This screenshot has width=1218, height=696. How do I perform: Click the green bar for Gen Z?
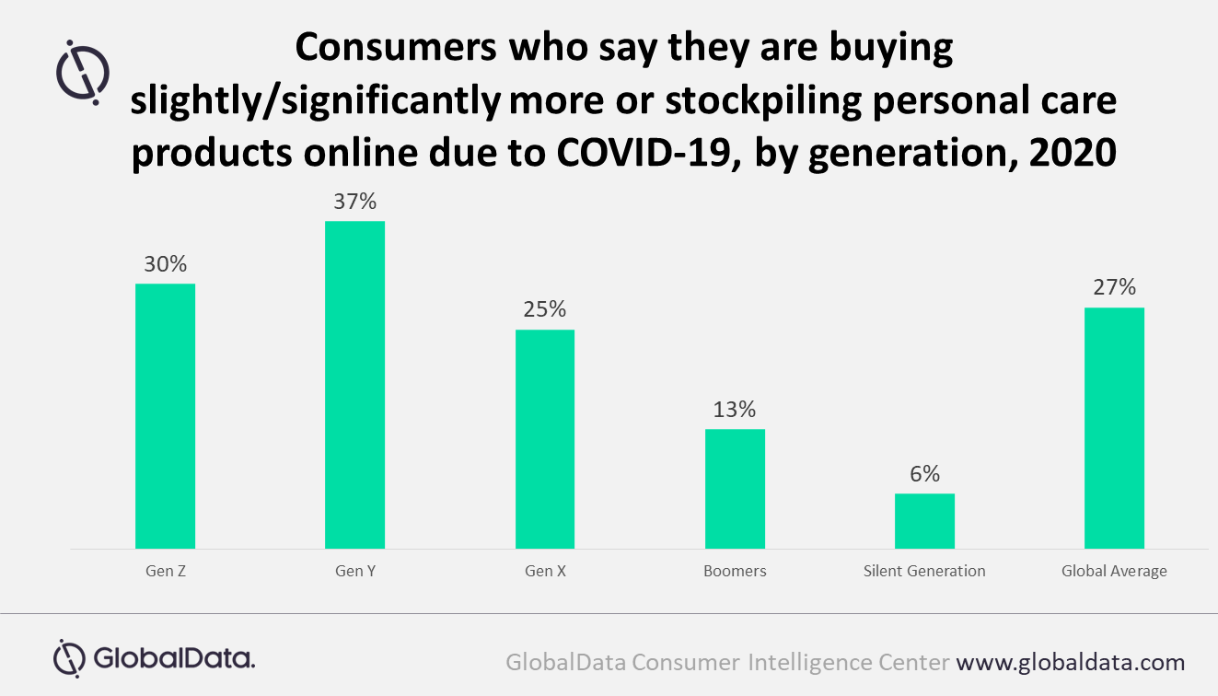165,416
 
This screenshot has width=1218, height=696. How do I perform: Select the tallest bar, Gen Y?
354,385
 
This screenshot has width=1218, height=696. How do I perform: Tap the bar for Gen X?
544,439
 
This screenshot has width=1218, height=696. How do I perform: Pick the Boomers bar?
735,489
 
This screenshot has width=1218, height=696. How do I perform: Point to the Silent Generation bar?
924,521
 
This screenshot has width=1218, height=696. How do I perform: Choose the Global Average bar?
1114,428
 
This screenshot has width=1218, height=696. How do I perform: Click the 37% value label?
354,201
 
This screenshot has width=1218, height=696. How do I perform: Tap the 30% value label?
165,264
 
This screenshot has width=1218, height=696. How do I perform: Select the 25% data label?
544,309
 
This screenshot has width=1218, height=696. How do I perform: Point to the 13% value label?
735,409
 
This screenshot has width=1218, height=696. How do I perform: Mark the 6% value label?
924,474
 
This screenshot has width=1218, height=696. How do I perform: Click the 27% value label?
1114,287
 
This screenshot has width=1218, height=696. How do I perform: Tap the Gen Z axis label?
166,571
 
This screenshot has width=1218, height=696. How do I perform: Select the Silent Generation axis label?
924,571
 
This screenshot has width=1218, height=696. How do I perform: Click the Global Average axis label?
1114,571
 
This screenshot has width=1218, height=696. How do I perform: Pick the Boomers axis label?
735,571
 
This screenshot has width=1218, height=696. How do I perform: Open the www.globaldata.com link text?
1070,661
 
